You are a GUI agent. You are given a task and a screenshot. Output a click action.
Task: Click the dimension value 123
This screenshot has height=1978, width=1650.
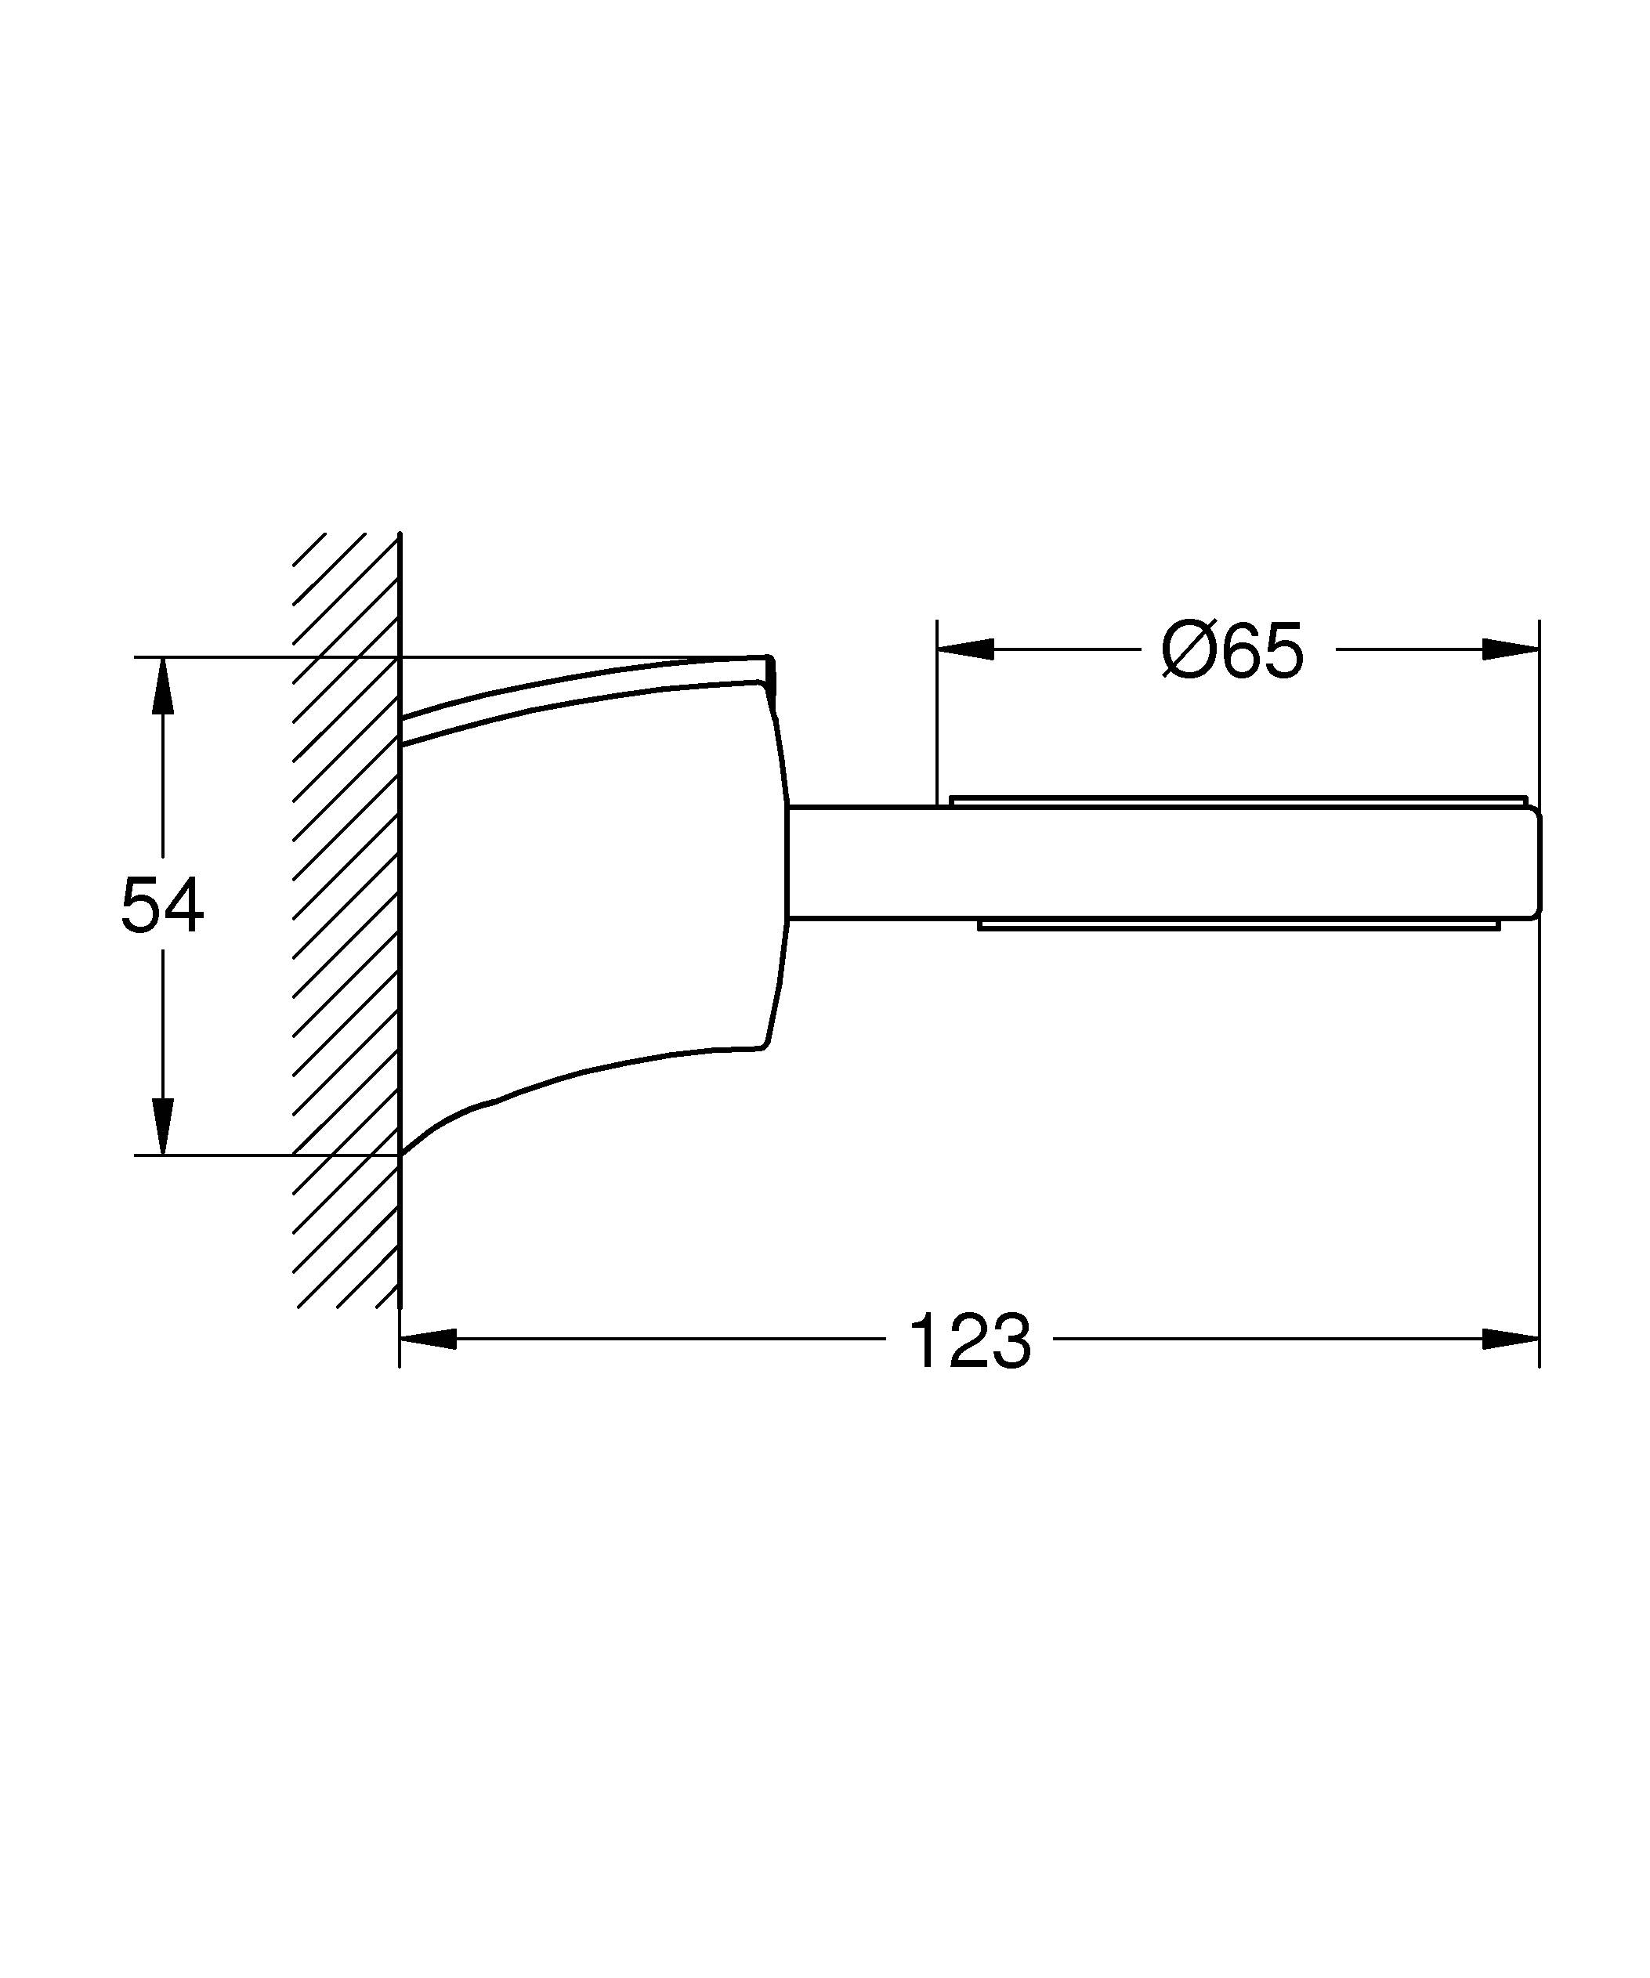pyautogui.click(x=969, y=1340)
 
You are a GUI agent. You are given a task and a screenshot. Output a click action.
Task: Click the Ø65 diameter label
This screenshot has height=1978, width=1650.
pyautogui.click(x=1232, y=651)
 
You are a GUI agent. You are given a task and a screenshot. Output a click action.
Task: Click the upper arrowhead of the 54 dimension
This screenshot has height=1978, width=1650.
pyautogui.click(x=163, y=684)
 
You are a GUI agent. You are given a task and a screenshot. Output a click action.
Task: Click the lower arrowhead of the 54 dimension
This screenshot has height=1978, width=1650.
pyautogui.click(x=163, y=1126)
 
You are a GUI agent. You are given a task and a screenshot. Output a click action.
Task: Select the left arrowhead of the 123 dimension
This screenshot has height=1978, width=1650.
pyautogui.click(x=429, y=1339)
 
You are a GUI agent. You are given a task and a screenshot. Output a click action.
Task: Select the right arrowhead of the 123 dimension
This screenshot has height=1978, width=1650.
pyautogui.click(x=1511, y=1339)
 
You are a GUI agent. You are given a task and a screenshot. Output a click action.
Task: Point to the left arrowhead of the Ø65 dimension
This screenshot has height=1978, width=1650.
pyautogui.click(x=965, y=649)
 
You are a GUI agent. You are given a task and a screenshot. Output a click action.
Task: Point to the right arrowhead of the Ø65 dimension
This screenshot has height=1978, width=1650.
pyautogui.click(x=1511, y=649)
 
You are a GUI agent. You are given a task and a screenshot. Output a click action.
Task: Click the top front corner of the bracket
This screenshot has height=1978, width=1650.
pyautogui.click(x=770, y=660)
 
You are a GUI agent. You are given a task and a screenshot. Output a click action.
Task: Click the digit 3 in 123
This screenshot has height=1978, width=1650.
pyautogui.click(x=1010, y=1340)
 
